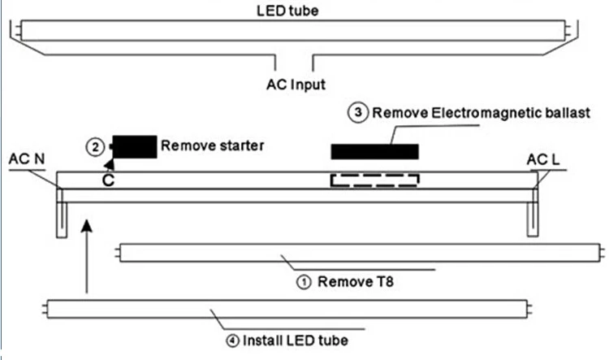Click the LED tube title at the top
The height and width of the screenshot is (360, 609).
(287, 11)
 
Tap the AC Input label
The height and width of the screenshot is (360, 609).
(296, 85)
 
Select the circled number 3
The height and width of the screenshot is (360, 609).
(358, 113)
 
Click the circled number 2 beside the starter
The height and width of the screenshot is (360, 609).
(95, 147)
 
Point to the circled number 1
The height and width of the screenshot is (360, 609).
(304, 282)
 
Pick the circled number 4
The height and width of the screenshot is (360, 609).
(233, 341)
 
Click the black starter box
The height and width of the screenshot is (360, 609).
(134, 147)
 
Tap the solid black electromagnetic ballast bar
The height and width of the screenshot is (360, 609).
(375, 152)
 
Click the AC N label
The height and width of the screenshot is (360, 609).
(27, 159)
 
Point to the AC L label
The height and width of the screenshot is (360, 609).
(543, 160)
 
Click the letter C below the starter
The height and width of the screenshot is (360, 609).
(108, 180)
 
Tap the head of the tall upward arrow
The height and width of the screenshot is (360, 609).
(87, 226)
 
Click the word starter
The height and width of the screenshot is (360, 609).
(242, 145)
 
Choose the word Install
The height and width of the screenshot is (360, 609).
(262, 340)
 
